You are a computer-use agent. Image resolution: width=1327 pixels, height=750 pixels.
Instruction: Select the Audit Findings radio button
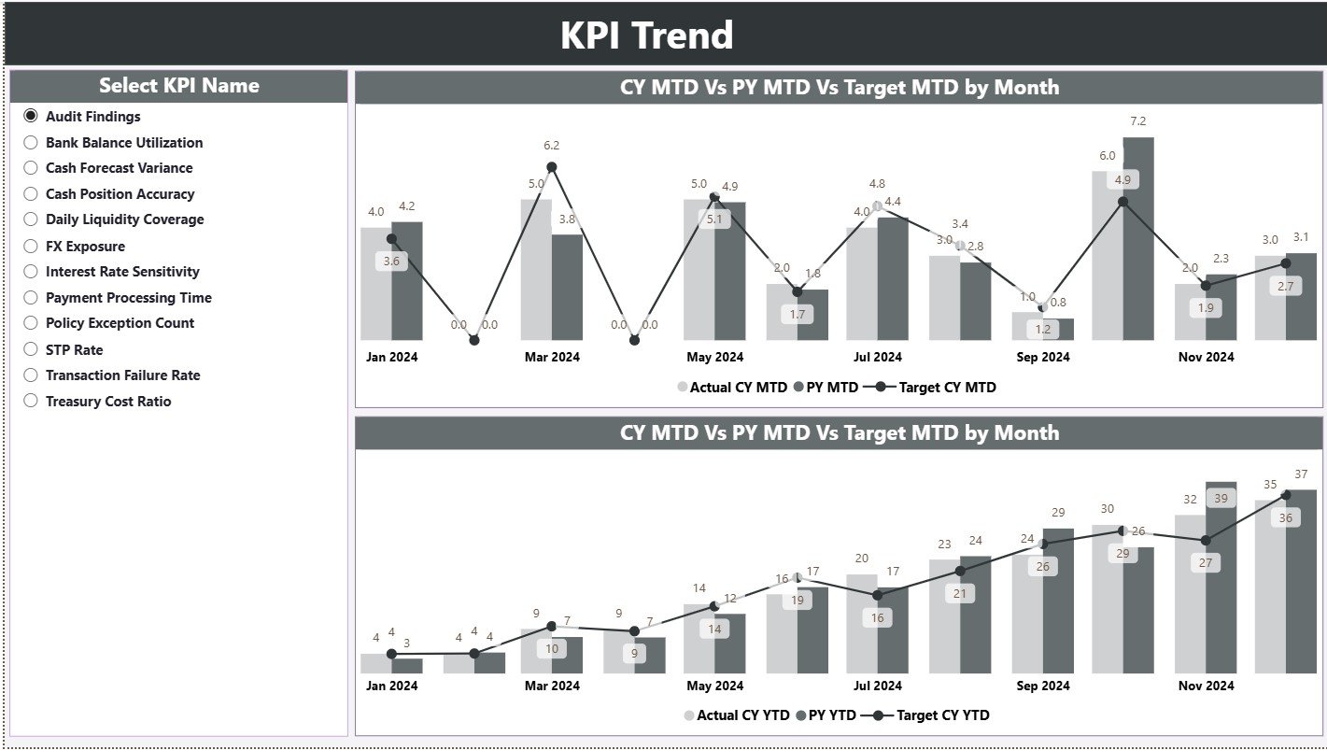[31, 116]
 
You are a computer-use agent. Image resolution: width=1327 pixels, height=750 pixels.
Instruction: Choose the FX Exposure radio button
[31, 247]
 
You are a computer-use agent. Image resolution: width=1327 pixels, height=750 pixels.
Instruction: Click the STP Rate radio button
[31, 350]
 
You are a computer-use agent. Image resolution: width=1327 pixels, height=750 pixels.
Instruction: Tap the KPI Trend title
[646, 35]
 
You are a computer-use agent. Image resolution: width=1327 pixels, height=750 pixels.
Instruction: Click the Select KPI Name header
[178, 86]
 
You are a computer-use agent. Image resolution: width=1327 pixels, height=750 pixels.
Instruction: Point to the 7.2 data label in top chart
[1137, 121]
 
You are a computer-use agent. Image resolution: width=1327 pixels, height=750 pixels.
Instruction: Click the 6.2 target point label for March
[551, 146]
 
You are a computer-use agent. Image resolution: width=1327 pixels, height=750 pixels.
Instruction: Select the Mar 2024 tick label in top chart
[551, 357]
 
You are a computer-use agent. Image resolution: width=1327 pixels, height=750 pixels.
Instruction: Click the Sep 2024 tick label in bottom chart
[1042, 686]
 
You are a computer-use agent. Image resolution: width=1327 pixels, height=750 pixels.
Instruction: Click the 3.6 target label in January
[391, 262]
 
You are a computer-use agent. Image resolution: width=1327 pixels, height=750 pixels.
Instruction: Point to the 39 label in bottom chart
[1220, 499]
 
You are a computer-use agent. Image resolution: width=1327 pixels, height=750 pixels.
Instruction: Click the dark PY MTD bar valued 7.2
[1137, 238]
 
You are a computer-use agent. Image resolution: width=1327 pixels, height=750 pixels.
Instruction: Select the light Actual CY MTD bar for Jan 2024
[375, 283]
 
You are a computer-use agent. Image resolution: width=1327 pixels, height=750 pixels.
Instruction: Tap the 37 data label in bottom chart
[1301, 474]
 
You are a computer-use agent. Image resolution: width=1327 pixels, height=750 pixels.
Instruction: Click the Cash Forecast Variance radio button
[31, 168]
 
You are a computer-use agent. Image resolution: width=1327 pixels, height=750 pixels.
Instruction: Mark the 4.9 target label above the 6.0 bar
[1122, 179]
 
